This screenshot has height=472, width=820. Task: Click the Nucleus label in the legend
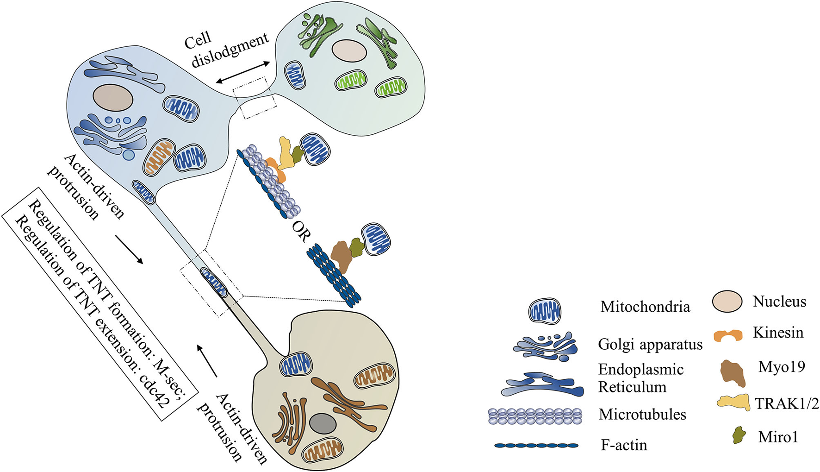point(780,302)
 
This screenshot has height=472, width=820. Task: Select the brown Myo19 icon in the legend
point(733,373)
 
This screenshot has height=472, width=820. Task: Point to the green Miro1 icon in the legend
point(739,435)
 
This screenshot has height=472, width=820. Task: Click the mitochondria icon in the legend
point(545,310)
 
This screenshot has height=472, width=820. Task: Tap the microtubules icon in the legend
point(535,416)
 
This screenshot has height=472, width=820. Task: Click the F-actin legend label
point(624,445)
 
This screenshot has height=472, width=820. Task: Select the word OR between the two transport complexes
point(300,232)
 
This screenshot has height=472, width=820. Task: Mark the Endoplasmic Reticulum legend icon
point(542,384)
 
